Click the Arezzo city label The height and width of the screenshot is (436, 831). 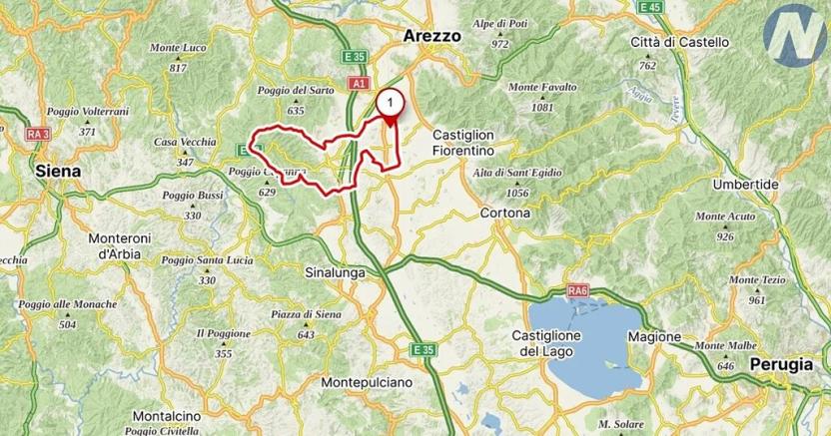click(432, 35)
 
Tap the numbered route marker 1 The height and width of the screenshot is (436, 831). click(390, 101)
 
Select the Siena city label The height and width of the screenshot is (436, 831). click(57, 171)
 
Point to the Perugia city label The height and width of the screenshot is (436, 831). click(782, 364)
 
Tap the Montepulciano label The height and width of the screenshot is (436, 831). click(368, 382)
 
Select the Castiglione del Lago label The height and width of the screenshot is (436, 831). click(546, 343)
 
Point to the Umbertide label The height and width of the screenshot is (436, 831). click(745, 186)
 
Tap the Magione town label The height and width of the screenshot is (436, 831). click(654, 336)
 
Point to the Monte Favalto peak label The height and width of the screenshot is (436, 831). click(542, 87)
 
